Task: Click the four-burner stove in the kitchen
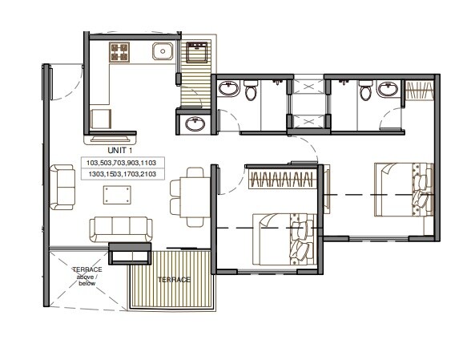tap(119, 53)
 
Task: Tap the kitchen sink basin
tap(163, 53)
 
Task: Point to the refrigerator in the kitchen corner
tap(101, 119)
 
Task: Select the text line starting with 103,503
tap(123, 163)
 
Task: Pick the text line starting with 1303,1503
tap(123, 174)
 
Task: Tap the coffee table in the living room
tap(118, 194)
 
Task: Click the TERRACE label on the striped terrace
tap(174, 280)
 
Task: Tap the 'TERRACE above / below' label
tap(86, 275)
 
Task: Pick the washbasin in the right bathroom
tap(389, 88)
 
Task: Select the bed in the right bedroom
tap(402, 188)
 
